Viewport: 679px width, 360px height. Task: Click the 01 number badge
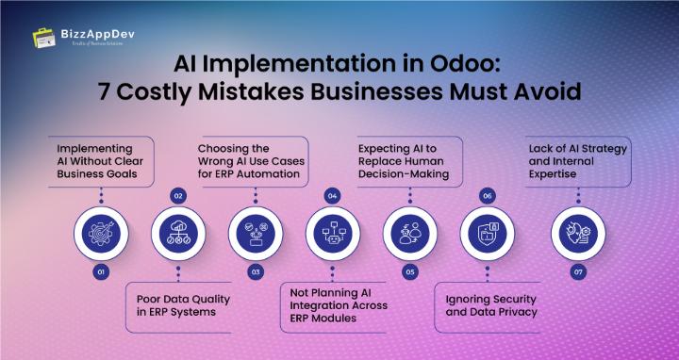pyautogui.click(x=100, y=271)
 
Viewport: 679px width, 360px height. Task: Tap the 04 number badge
pyautogui.click(x=332, y=195)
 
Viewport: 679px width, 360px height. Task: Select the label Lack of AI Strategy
pyautogui.click(x=576, y=157)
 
